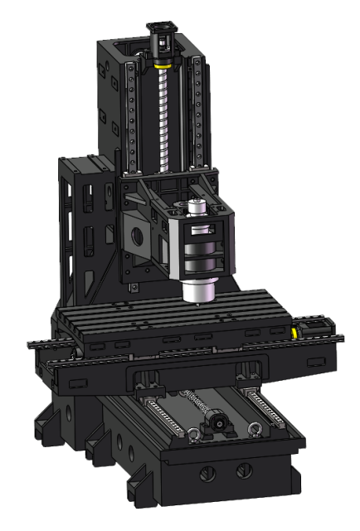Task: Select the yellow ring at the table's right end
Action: [295, 332]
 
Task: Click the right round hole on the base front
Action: [241, 470]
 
